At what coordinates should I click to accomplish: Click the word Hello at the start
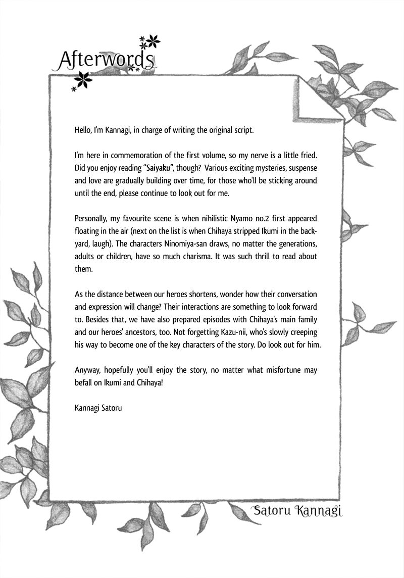coord(83,130)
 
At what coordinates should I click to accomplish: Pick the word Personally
coord(92,219)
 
